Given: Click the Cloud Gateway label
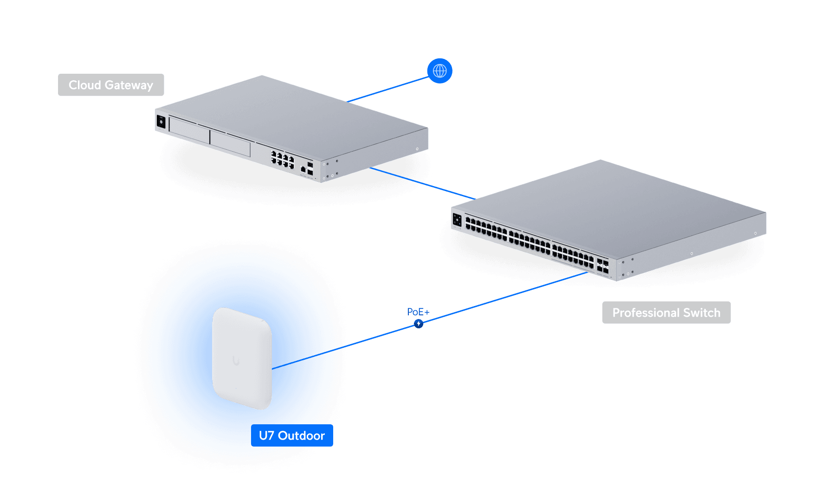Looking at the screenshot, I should (x=111, y=85).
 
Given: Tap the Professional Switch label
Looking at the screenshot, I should (x=666, y=313).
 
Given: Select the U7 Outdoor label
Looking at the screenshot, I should (x=292, y=436).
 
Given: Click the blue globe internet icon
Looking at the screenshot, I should (x=439, y=71).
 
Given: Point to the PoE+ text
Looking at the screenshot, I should (x=418, y=312).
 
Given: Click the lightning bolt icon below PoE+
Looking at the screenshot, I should (x=419, y=324).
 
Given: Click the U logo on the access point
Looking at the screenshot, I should (x=236, y=360).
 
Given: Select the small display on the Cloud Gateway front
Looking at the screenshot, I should (x=161, y=122).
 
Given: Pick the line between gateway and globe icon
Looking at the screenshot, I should (x=387, y=89).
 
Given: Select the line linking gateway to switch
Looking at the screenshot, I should (x=422, y=184).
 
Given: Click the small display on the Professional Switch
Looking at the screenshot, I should (x=457, y=220).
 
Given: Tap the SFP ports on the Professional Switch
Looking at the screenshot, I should (x=602, y=266).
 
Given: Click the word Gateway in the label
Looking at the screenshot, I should (x=129, y=85).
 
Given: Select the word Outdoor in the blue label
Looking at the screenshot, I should (x=301, y=436).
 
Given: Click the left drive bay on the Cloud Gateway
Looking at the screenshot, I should (x=189, y=130).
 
